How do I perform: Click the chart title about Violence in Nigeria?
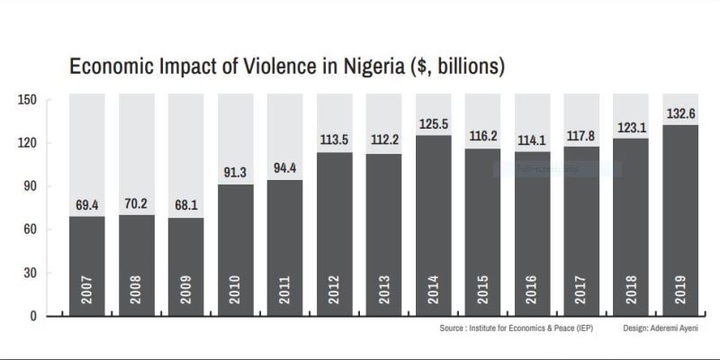pyautogui.click(x=286, y=67)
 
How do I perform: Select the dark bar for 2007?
pyautogui.click(x=86, y=265)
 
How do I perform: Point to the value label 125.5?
pyautogui.click(x=433, y=123)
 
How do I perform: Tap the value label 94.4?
pyautogui.click(x=284, y=167)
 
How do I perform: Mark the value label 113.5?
pyautogui.click(x=334, y=140)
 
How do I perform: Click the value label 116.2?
pyautogui.click(x=482, y=137)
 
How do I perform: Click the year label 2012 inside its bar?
pyautogui.click(x=335, y=287)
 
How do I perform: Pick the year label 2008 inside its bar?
pyautogui.click(x=137, y=287)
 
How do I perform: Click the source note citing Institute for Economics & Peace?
pyautogui.click(x=516, y=329)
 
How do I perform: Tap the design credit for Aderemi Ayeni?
pyautogui.click(x=660, y=329)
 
